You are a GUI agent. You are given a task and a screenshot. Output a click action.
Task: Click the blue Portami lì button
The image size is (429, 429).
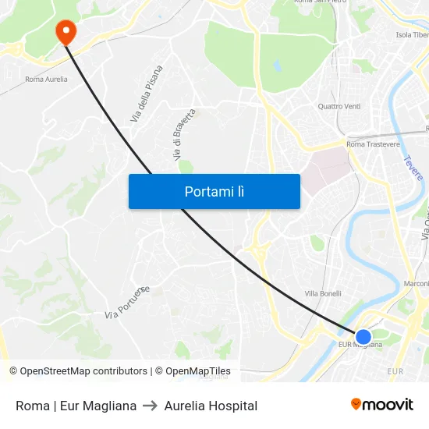point(214,191)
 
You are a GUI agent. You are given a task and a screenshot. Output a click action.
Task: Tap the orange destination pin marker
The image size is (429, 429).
point(66,31)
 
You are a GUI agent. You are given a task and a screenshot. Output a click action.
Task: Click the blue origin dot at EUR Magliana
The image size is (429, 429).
point(363,337)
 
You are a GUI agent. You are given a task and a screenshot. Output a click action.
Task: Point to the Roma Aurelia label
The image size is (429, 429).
point(46,79)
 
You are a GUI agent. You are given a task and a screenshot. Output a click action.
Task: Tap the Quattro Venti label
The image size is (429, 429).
point(339,106)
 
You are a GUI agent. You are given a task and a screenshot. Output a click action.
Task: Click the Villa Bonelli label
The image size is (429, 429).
point(323,294)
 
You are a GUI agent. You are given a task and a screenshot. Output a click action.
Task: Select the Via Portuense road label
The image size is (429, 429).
point(127,303)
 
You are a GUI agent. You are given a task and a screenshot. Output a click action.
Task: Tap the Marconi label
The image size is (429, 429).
point(417,283)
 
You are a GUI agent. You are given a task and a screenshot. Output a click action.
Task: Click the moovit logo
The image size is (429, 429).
point(382,405)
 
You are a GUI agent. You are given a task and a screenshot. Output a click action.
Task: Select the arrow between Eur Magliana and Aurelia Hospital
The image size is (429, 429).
point(151,406)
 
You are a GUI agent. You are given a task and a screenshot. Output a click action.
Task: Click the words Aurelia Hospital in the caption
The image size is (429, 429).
point(211,406)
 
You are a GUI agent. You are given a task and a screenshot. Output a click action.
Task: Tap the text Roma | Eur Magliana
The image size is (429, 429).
point(76,406)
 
